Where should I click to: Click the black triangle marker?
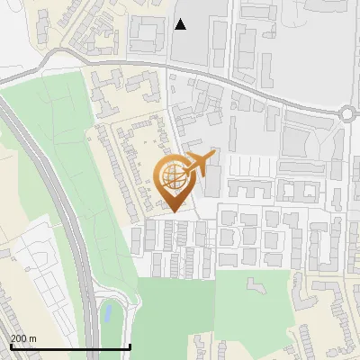pos(181,24)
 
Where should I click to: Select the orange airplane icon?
pos(200,164)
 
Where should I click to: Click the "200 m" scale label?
pos(24,338)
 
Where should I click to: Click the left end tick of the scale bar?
pos(11,346)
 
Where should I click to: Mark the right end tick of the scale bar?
pos(130,346)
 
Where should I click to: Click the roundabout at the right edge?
pos(350,113)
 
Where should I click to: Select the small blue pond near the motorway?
pos(108,312)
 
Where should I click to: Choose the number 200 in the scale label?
pos(20,338)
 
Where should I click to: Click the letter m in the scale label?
pos(33,338)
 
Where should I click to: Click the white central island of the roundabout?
pos(350,113)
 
